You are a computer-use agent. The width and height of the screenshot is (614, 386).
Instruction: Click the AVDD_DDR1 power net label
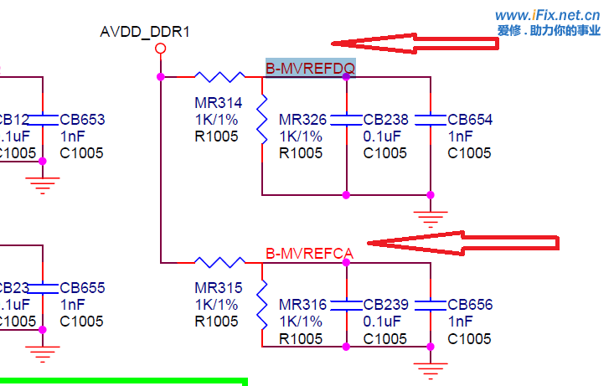coord(145,33)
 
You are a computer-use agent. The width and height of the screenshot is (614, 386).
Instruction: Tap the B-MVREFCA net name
coord(309,253)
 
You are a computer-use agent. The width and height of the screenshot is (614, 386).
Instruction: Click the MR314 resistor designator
coord(218,103)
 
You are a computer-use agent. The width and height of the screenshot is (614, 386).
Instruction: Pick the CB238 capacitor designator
coord(386,120)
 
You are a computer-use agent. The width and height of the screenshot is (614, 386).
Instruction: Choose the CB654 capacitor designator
coord(470,120)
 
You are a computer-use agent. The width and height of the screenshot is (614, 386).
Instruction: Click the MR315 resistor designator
coord(218,288)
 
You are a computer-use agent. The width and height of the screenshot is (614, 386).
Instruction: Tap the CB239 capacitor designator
coord(386,305)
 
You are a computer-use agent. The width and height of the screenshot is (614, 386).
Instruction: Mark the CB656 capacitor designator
coord(470,305)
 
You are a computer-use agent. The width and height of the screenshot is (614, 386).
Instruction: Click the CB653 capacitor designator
coord(82,120)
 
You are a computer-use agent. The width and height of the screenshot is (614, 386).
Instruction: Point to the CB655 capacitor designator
coord(82,288)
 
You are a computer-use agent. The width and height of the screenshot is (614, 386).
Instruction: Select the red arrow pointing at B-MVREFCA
coord(461,243)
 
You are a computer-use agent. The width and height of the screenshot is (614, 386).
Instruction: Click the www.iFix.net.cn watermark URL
coord(547,15)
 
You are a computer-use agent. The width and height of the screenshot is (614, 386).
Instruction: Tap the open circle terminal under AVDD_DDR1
coord(161,49)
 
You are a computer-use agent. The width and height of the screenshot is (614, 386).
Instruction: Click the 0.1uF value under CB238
coord(385,136)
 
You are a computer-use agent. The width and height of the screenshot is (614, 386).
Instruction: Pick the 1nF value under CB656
coord(461,322)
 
